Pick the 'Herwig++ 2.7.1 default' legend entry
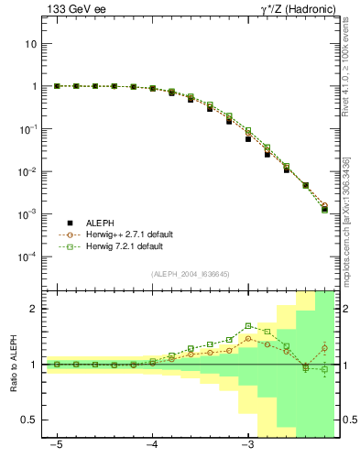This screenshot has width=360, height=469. click(x=128, y=234)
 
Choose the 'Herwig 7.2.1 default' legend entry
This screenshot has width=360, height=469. click(x=125, y=246)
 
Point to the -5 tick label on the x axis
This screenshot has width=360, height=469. click(x=57, y=445)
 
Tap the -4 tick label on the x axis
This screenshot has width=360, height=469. click(x=152, y=445)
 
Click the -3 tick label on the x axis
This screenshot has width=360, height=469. click(x=247, y=445)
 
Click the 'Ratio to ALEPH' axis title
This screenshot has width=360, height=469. click(x=12, y=364)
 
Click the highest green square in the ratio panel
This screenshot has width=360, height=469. click(x=248, y=325)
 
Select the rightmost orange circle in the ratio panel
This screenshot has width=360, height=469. click(x=324, y=348)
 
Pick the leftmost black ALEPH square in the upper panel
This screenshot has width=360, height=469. click(x=57, y=86)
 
